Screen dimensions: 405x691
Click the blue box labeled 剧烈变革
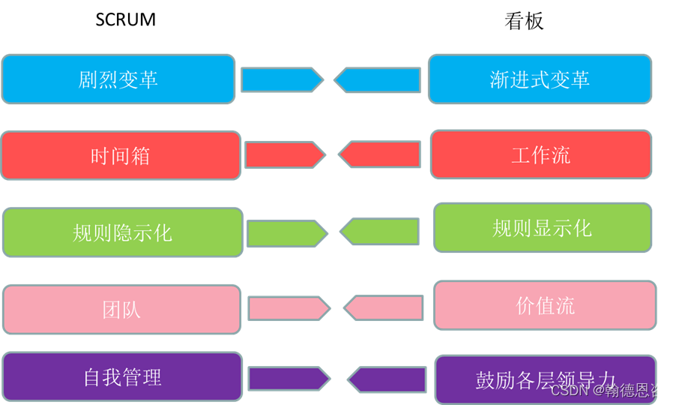point(118,79)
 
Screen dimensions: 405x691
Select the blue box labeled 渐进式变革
point(540,79)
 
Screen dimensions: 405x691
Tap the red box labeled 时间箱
point(121,155)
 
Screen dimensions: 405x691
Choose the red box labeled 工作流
point(541,154)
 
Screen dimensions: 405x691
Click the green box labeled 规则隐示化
point(122,232)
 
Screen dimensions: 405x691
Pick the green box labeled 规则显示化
point(543,228)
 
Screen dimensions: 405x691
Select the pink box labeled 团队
point(121,309)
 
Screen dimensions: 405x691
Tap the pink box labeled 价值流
point(545,305)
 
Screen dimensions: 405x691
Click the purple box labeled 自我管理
point(122,376)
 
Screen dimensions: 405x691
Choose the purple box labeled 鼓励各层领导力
point(545,379)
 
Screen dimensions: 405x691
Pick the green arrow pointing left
point(380,232)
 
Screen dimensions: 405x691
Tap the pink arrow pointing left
point(383,307)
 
